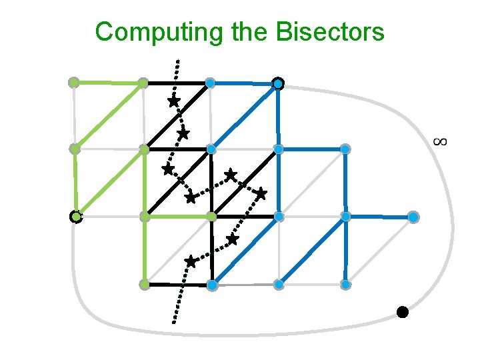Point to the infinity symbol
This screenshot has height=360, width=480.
pos(439,141)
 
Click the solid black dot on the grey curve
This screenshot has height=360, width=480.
pos(402,311)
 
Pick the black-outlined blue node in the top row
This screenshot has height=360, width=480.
pos(278,83)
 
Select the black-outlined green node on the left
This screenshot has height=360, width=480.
pos(76,217)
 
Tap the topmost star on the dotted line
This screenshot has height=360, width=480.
pos(173,102)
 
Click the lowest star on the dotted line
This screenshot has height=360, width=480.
pos(191,261)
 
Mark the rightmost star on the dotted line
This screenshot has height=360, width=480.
pos(261,193)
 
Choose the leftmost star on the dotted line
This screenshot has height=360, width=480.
pos(167,169)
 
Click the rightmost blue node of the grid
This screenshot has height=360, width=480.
pos(413,217)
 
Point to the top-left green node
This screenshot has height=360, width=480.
pos(74,83)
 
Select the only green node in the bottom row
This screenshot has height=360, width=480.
pos(143,285)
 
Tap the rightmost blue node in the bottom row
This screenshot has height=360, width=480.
pos(345,285)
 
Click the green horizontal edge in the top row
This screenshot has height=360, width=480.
pos(109,83)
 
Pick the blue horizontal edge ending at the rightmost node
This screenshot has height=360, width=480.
pos(379,217)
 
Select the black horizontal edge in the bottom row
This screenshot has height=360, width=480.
pos(177,285)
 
